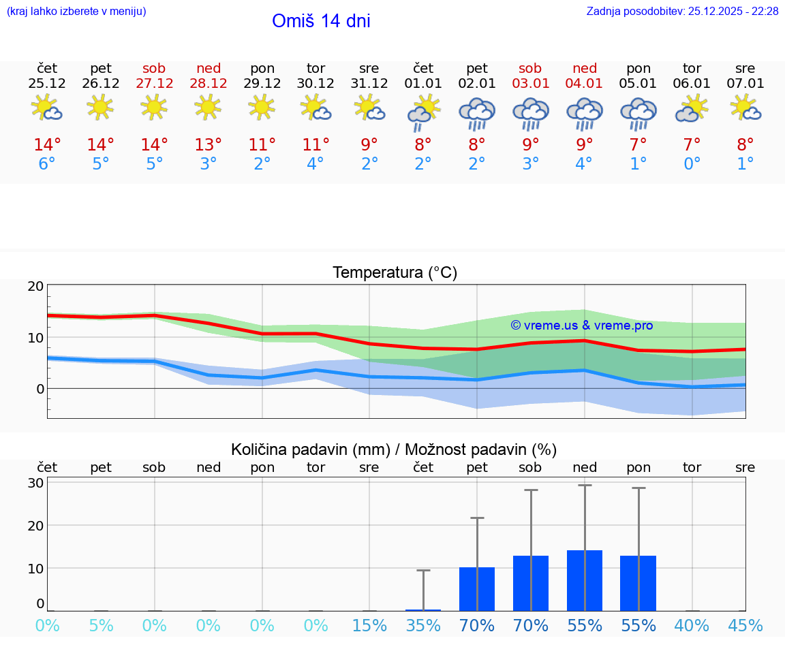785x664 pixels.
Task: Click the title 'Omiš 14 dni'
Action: point(321,21)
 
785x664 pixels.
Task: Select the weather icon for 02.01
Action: point(477,114)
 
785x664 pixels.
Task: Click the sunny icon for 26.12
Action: point(101,108)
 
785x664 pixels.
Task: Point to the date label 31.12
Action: point(369,84)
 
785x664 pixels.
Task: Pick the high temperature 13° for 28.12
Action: point(209,144)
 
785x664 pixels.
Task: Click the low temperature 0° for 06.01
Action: point(692,164)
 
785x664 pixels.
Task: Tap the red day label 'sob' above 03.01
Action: point(530,68)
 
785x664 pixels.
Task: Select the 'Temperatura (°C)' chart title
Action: point(395,273)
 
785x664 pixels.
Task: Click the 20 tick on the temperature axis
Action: point(35,286)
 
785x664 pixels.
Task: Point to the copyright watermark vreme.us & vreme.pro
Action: point(582,326)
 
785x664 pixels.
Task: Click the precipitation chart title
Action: point(394,449)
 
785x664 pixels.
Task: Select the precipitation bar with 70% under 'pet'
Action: point(477,589)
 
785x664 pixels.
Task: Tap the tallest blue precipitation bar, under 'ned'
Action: point(585,580)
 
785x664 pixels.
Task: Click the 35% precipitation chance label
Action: point(423,625)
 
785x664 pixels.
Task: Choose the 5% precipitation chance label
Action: point(101,625)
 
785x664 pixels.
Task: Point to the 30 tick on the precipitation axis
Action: point(35,483)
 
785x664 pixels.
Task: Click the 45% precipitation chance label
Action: point(745,625)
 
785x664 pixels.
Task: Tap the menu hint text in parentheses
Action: point(76,11)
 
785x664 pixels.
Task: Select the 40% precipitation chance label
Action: point(692,625)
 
